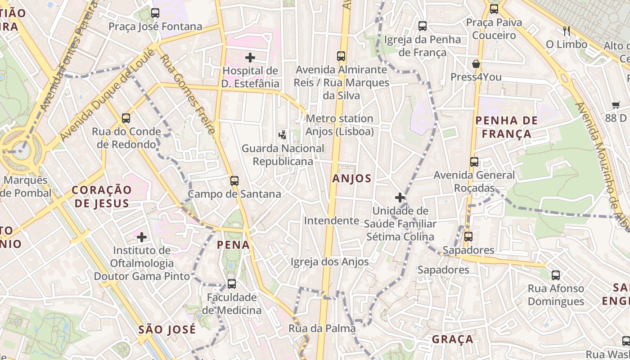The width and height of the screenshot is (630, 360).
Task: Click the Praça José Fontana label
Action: coord(155,27)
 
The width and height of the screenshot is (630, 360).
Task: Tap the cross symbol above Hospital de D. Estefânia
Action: coord(250,58)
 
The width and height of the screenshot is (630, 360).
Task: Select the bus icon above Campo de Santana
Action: coord(234,180)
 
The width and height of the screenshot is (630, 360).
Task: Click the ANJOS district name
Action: coord(352,179)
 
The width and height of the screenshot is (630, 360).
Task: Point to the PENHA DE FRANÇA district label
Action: coord(507,127)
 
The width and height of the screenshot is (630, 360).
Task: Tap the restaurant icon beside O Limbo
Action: coord(567,31)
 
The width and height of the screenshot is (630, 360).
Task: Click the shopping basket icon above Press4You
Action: coord(476,64)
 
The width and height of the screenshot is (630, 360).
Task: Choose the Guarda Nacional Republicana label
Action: coord(283,154)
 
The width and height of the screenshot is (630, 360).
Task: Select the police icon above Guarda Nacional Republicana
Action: coord(282,134)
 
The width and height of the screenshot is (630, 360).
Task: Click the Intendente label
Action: coord(332,220)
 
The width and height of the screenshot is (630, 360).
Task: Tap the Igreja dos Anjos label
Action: coord(329,262)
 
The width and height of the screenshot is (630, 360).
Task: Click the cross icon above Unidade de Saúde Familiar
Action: coord(400,197)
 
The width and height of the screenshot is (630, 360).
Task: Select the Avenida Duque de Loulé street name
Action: coord(107,94)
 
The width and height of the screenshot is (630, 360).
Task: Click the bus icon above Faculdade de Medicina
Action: coord(232,284)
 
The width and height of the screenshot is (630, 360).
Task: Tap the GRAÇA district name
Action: coord(452,339)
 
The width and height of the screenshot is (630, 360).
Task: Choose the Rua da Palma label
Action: coord(322,328)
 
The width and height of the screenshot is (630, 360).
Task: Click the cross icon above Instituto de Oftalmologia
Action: coord(142,237)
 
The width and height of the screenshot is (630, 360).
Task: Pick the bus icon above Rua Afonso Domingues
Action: coord(556,275)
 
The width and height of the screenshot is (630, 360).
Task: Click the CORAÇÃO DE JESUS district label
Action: coord(102,197)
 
